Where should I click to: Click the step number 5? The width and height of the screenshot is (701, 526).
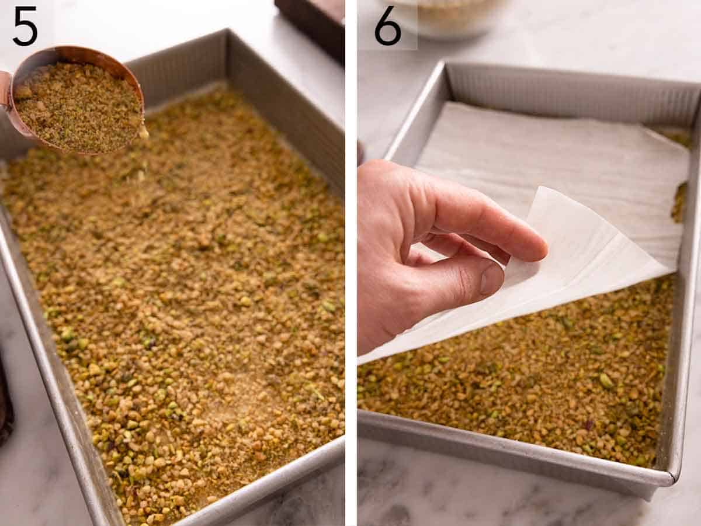click(x=25, y=26)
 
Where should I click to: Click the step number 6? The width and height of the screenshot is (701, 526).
click(x=388, y=26)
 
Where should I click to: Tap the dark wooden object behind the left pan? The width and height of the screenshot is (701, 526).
click(x=313, y=23)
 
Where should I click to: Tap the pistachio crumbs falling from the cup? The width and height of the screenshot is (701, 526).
click(x=143, y=131)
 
